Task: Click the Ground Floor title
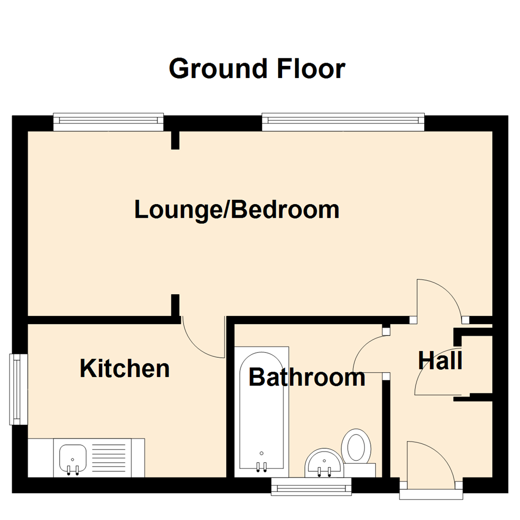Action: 257,69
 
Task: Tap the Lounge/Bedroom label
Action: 237,210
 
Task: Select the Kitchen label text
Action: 124,369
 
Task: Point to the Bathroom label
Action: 307,377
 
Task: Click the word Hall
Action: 440,361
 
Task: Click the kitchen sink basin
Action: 73,458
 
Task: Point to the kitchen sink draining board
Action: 111,458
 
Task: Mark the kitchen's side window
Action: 18,390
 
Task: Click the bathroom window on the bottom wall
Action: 312,486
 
